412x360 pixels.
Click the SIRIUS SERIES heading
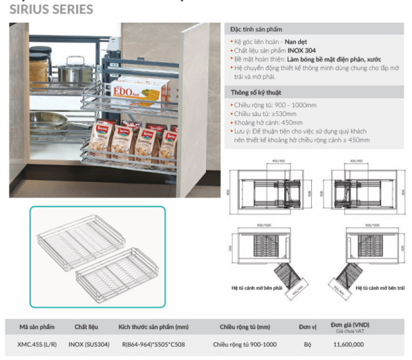(51, 10)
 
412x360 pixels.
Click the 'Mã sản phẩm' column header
(38, 327)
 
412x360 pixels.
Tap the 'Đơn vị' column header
(307, 327)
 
